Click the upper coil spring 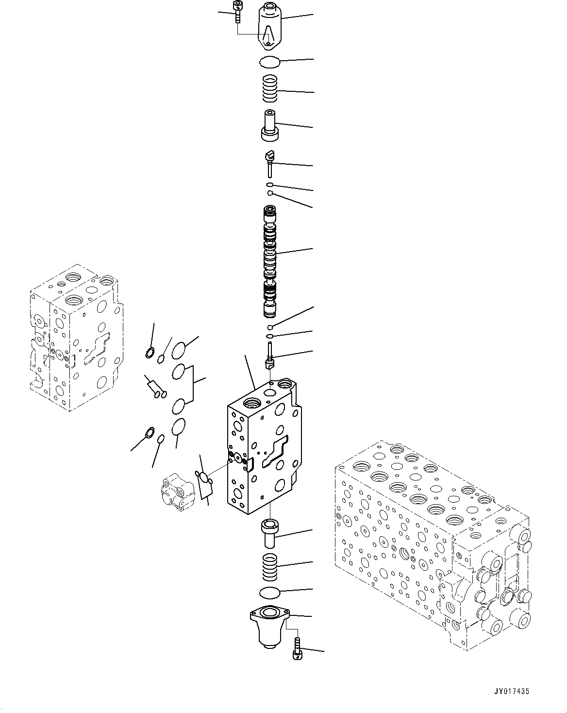pyautogui.click(x=271, y=89)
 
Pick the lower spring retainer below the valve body pyautogui.click(x=269, y=533)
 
